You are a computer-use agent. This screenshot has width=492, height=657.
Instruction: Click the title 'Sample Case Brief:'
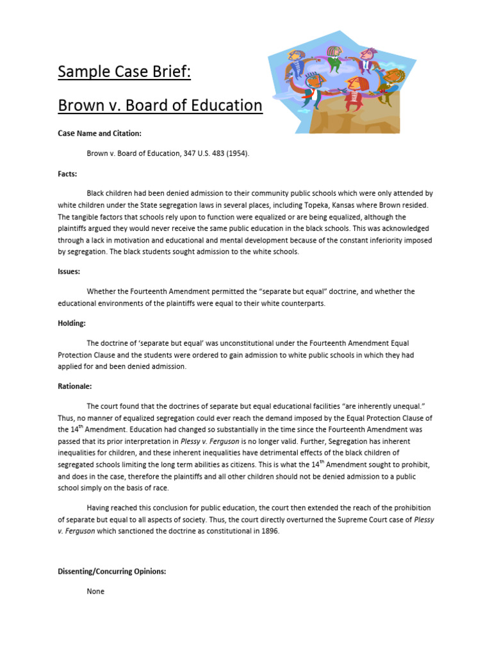pos(124,71)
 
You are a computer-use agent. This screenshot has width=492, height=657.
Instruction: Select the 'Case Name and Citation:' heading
pos(99,133)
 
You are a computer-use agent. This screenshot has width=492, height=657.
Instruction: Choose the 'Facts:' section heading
pos(67,173)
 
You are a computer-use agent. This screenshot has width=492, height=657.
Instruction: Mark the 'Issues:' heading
pos(69,271)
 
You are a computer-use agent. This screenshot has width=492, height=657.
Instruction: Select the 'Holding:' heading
pos(71,323)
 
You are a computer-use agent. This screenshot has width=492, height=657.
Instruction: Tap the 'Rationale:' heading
pos(75,386)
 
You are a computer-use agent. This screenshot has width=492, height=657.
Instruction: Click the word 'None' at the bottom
pos(95,591)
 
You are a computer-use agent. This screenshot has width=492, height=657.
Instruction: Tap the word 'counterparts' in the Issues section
pos(302,303)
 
